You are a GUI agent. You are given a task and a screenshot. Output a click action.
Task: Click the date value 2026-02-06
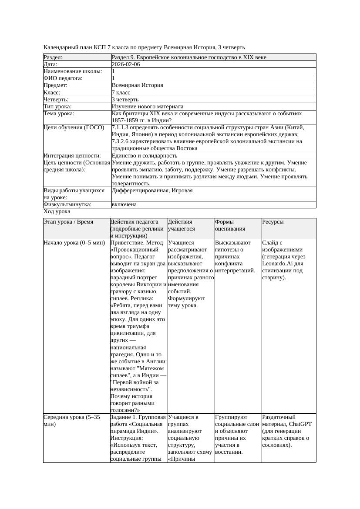126,64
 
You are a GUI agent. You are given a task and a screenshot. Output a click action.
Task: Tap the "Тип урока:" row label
57,107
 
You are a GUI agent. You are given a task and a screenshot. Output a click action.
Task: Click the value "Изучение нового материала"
148,107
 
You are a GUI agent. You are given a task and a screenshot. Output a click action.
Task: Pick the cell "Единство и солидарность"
145,156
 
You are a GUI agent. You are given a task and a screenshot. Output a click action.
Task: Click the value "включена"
124,204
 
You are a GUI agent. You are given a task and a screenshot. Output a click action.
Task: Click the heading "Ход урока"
57,211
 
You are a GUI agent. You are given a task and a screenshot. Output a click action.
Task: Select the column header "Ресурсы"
273,222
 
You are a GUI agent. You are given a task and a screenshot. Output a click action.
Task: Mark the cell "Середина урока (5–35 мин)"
72,420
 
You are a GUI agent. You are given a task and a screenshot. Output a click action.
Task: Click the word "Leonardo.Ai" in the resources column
276,264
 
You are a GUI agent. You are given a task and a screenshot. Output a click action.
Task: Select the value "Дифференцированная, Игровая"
152,191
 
